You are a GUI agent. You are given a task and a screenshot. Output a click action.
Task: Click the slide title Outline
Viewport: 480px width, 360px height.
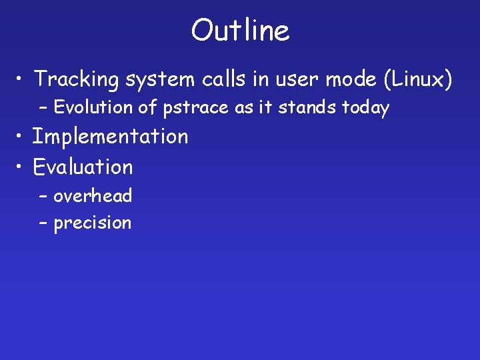(240, 31)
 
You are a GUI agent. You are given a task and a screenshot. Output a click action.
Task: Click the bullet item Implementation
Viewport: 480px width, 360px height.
(111, 137)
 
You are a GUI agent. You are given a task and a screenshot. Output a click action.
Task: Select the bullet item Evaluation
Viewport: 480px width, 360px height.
(83, 167)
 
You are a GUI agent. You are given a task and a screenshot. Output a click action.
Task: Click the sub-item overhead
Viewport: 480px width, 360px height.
(93, 196)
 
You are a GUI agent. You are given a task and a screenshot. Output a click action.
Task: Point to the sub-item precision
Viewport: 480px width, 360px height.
(93, 223)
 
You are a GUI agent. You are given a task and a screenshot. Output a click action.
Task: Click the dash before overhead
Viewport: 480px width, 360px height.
(43, 197)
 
